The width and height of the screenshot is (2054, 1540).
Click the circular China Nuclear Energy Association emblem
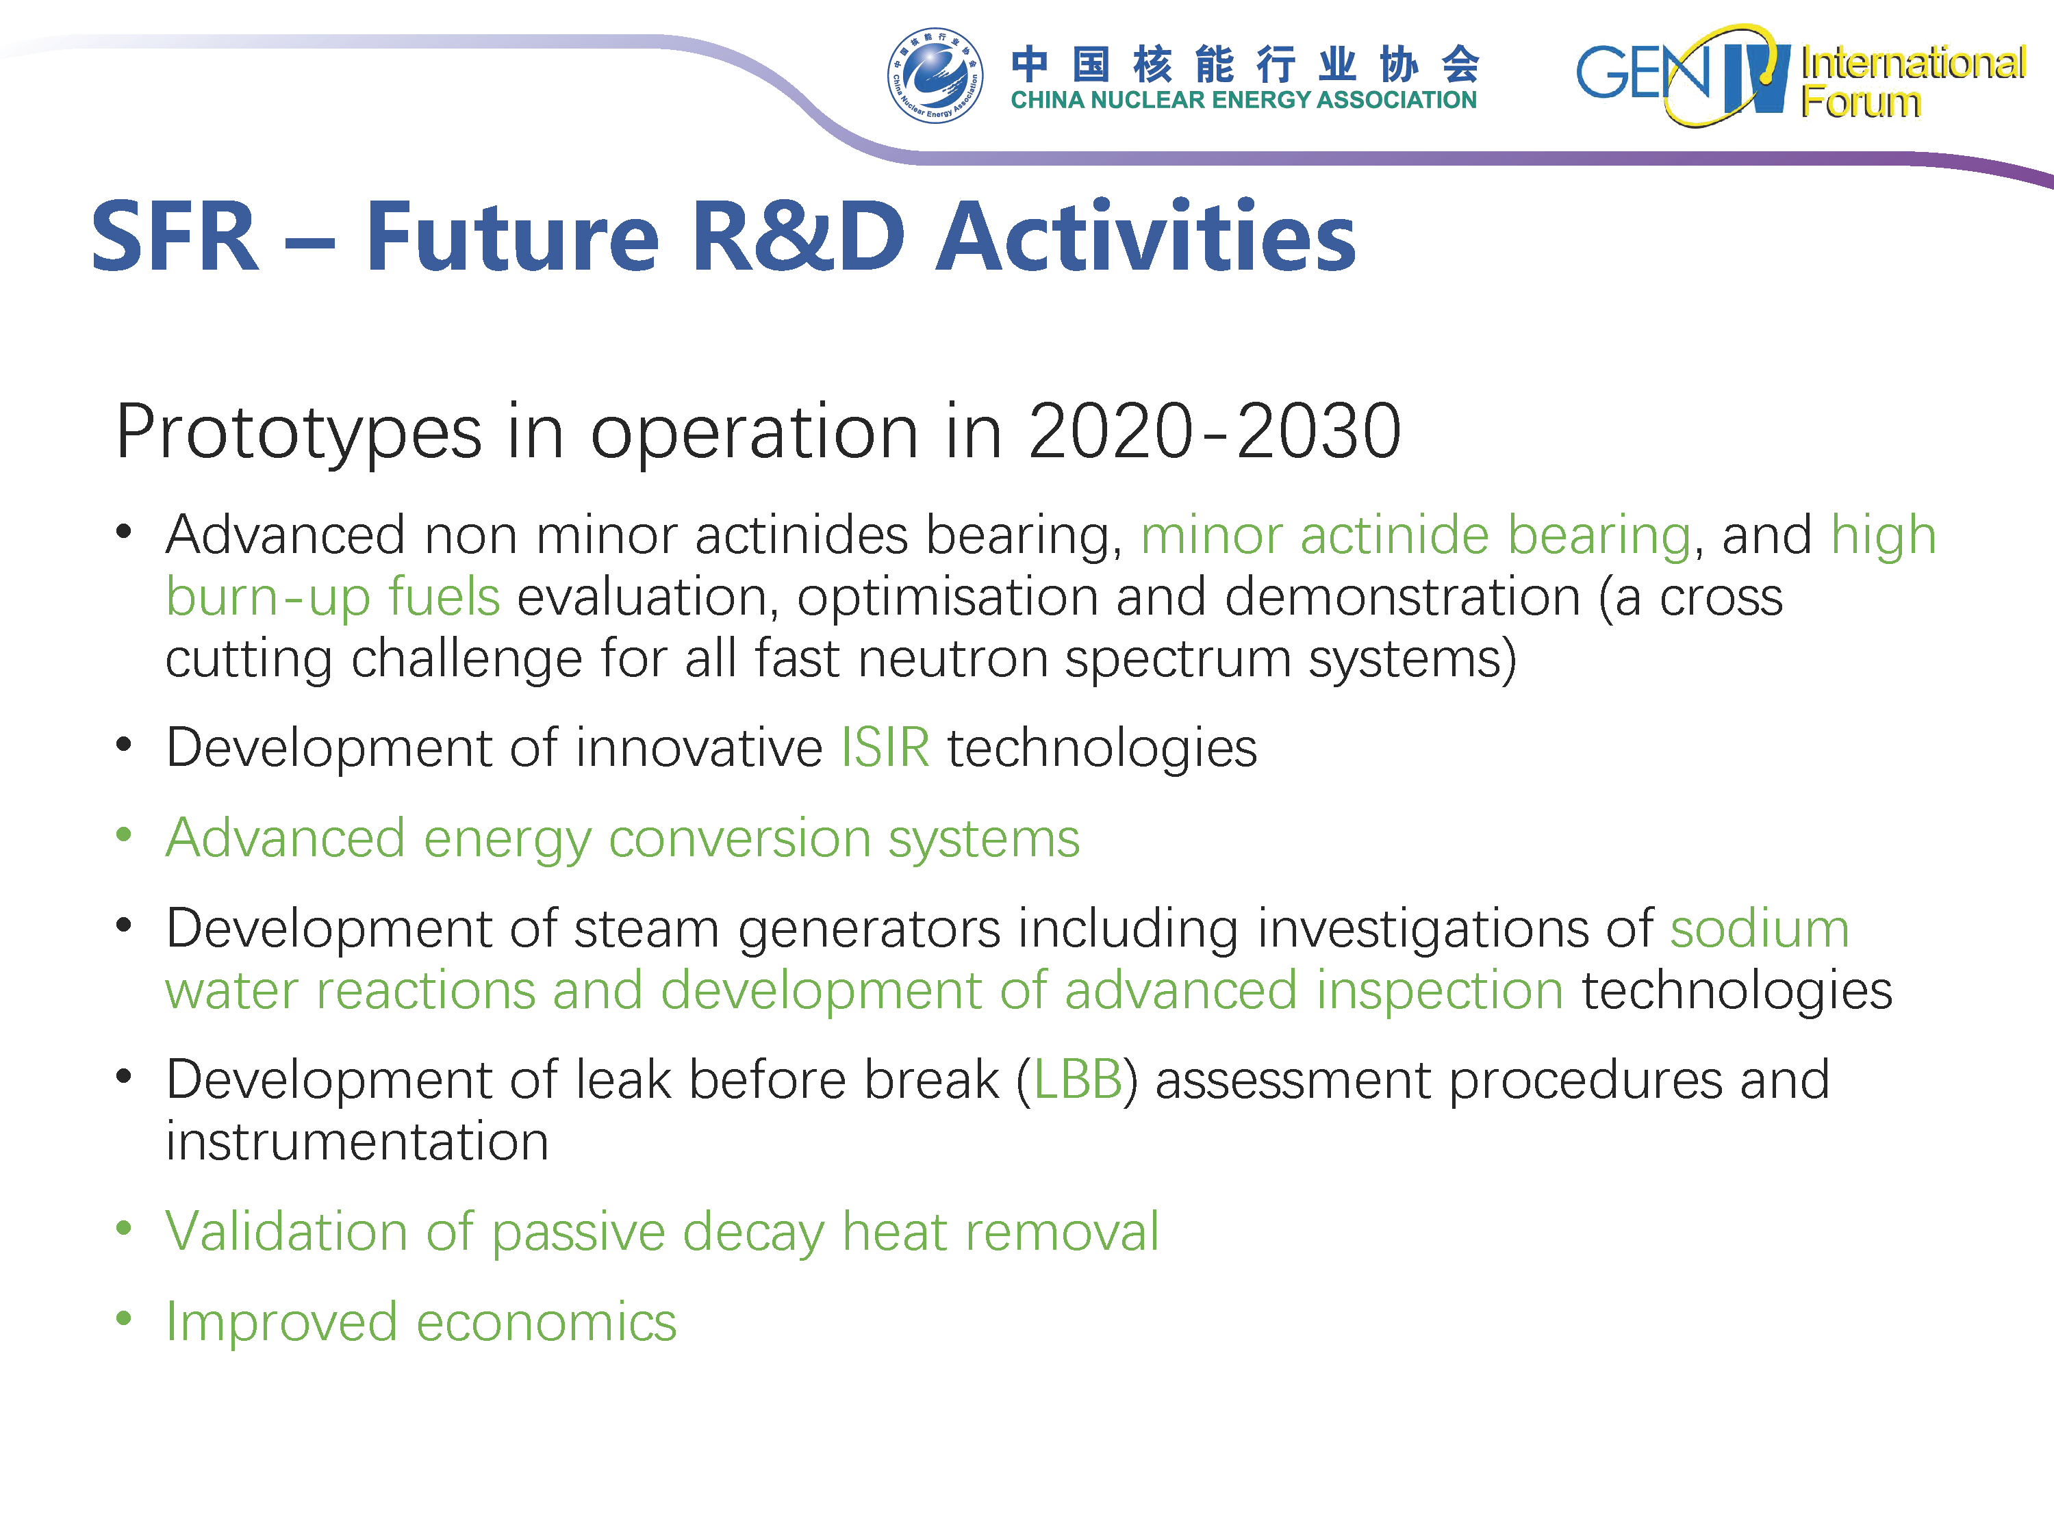(x=935, y=75)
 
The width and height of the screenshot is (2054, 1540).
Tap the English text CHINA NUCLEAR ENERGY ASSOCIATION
(x=1243, y=100)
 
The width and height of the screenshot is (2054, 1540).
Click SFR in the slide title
(x=175, y=237)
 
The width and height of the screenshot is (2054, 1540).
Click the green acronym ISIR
(x=885, y=747)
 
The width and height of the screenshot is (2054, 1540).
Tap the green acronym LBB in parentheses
(x=1077, y=1079)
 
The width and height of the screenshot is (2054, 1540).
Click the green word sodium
(x=1760, y=929)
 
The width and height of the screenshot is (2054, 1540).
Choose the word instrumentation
(x=357, y=1141)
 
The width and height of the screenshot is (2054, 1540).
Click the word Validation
(x=287, y=1232)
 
